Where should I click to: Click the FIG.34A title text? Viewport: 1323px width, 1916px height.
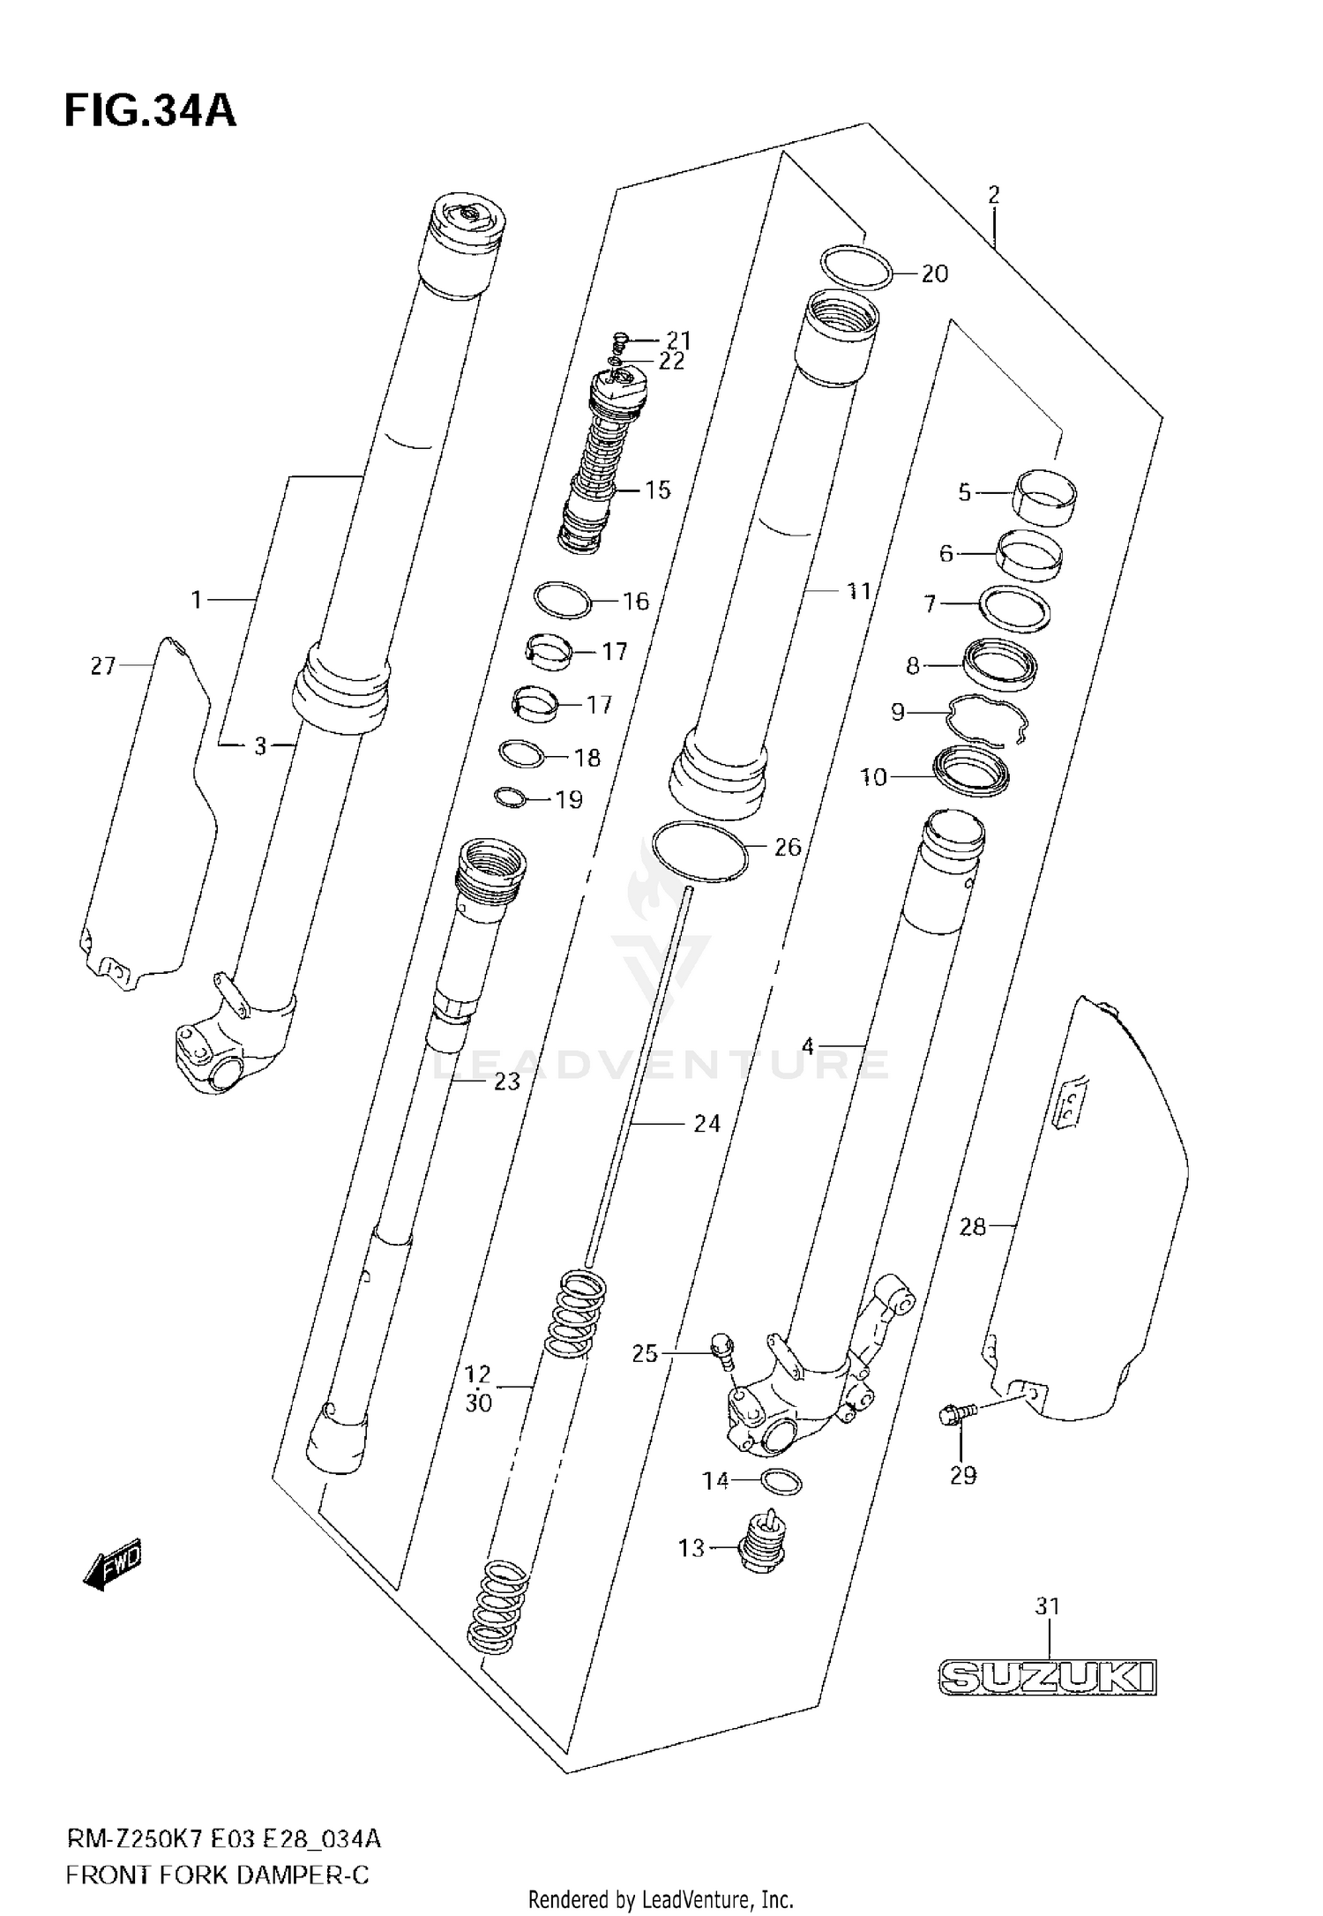click(150, 111)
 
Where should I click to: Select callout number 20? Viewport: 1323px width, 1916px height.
click(934, 274)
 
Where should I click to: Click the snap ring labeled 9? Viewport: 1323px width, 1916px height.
click(986, 717)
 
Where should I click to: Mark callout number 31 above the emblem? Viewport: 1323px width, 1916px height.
click(1047, 1606)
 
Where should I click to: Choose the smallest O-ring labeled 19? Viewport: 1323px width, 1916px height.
click(511, 797)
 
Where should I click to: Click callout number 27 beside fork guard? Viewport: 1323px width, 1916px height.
click(103, 666)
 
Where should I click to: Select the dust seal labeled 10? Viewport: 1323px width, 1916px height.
click(971, 769)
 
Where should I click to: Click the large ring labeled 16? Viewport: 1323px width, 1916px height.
click(562, 601)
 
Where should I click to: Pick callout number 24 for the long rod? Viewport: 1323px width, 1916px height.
click(706, 1124)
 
